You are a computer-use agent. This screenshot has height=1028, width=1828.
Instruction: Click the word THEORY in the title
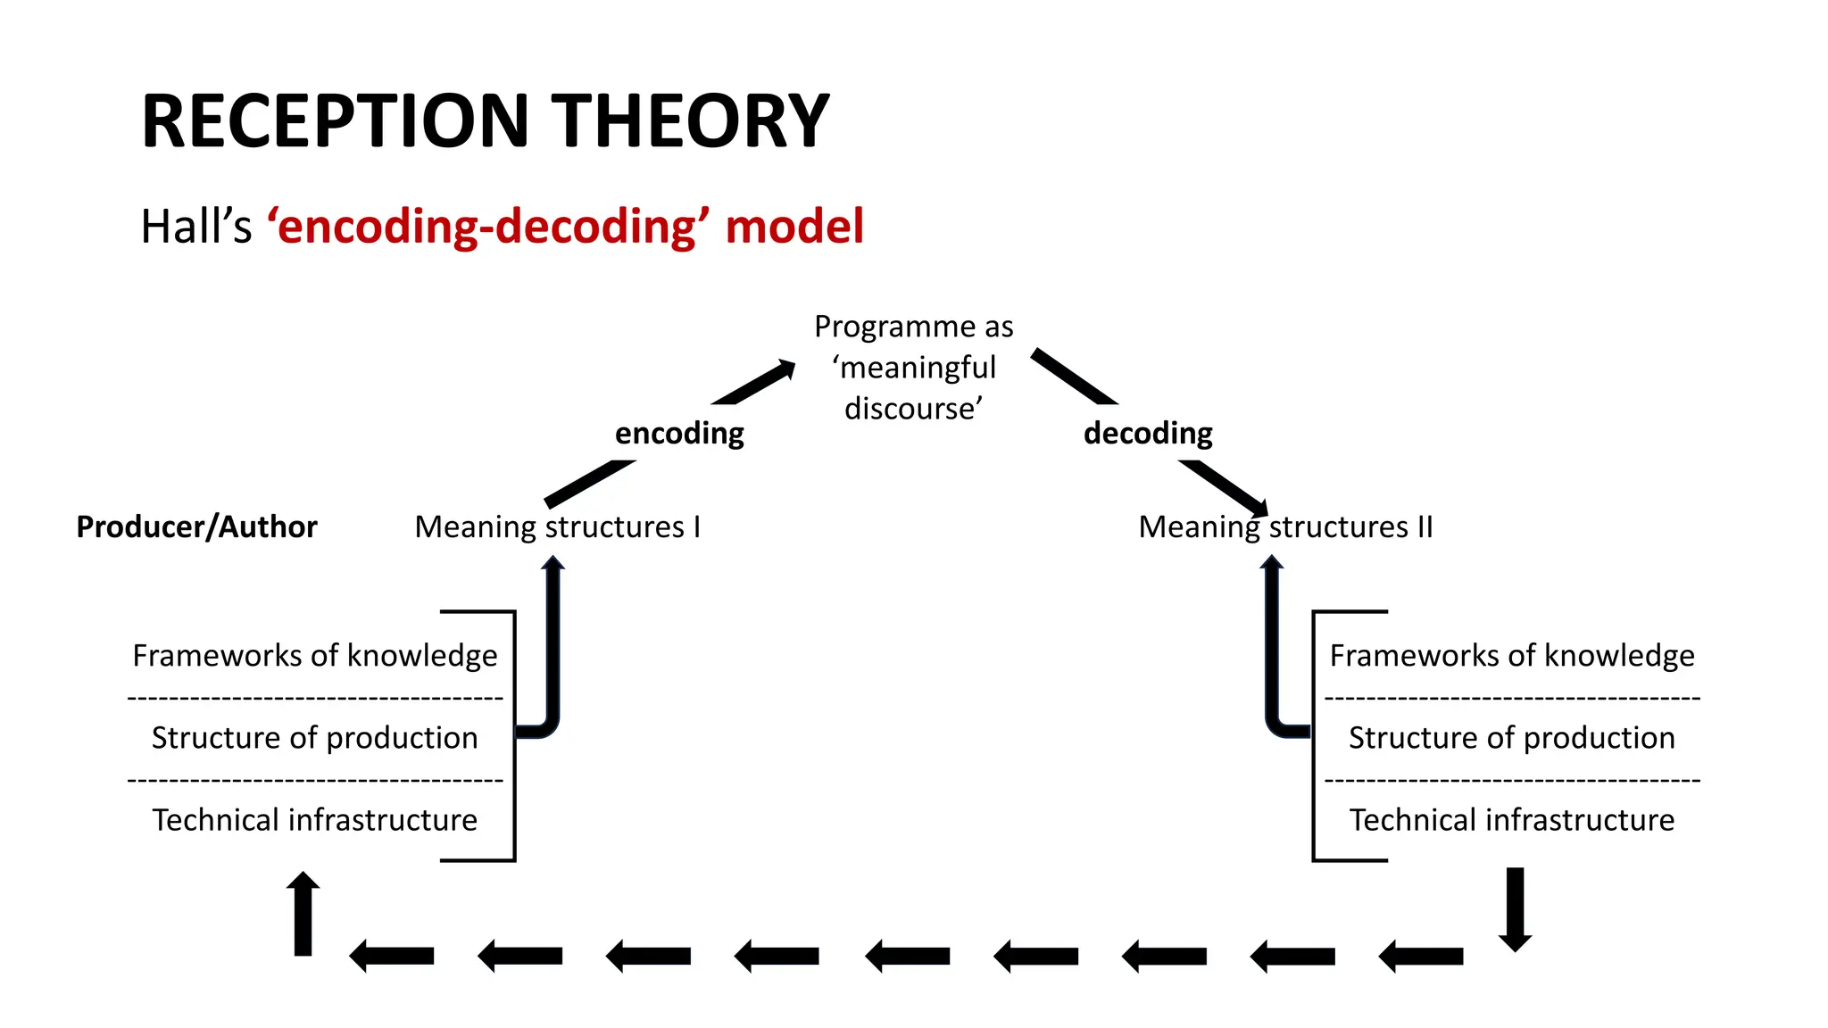[690, 121]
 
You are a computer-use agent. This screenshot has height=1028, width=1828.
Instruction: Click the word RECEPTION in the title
[336, 121]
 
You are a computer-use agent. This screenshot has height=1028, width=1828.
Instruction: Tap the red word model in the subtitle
[794, 226]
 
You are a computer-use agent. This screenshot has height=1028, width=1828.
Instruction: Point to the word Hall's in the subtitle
[196, 227]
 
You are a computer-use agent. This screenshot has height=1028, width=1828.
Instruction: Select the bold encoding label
[679, 434]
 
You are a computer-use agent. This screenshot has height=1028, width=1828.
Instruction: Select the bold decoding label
[1148, 434]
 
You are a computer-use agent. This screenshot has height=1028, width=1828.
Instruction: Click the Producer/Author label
[196, 526]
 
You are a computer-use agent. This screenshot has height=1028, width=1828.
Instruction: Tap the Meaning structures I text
[557, 526]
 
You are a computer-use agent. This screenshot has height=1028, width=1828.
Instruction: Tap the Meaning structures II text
[1285, 526]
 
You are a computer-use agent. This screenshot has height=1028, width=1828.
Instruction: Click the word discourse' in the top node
[913, 409]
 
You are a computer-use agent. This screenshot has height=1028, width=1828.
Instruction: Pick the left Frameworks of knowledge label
[314, 656]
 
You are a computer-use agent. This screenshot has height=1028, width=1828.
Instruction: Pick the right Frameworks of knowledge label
[1511, 656]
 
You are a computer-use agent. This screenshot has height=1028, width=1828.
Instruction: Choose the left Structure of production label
[314, 738]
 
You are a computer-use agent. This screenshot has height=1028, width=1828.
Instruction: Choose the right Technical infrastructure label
[1511, 820]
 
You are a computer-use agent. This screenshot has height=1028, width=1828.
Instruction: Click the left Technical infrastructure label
[314, 820]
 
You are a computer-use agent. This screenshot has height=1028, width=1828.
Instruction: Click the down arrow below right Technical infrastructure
[1515, 908]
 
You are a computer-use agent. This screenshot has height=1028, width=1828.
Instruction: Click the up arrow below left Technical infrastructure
[303, 914]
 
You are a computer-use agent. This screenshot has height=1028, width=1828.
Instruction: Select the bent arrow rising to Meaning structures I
[553, 651]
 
